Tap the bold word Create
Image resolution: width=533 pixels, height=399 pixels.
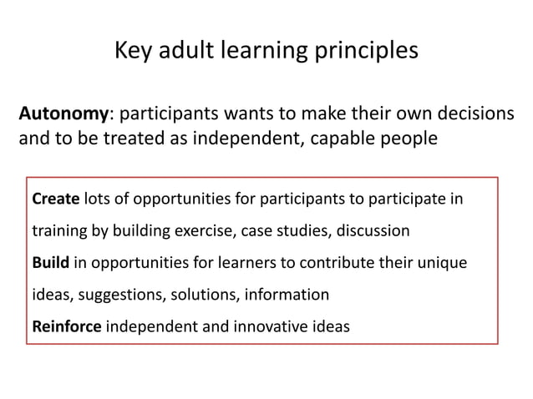55,200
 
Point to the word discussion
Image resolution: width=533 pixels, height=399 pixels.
371,230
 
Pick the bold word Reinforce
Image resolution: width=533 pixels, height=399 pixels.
66,326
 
